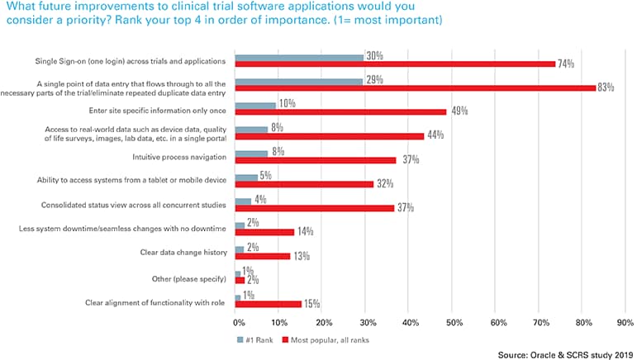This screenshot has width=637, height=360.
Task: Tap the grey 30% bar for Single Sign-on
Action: pos(299,57)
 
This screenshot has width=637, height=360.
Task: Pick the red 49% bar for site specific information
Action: pos(340,111)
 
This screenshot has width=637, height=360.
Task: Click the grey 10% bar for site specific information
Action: pos(255,106)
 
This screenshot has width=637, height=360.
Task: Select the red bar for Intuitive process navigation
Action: pos(315,159)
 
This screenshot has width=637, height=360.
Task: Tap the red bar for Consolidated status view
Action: pos(315,207)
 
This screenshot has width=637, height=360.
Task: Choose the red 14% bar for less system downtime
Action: pos(264,232)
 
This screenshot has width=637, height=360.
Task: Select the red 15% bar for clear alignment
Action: pos(268,304)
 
